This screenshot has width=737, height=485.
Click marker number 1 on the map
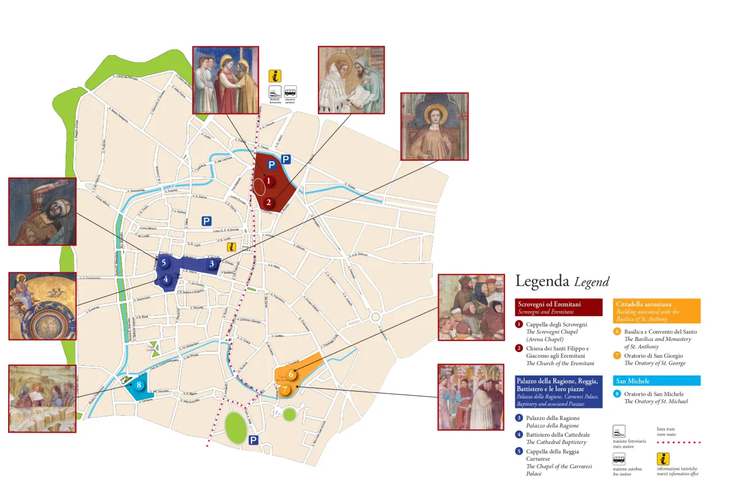point(268,181)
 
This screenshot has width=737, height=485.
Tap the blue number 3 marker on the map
point(212,264)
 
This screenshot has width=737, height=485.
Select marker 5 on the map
point(164,263)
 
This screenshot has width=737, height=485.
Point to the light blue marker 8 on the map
point(139,385)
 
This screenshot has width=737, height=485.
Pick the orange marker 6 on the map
point(292,374)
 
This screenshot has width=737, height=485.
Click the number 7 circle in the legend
point(617,355)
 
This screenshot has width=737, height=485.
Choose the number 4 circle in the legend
point(519,434)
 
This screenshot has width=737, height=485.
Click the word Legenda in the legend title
point(542,281)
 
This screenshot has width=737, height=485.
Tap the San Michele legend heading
point(633,381)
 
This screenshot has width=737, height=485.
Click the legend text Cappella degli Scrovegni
point(557,325)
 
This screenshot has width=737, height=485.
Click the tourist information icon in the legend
point(663,459)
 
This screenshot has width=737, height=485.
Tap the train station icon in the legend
point(619,431)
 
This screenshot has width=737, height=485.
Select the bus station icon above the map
point(290,92)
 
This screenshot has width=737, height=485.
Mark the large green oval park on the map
point(235,427)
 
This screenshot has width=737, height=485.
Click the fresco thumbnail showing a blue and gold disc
point(42,306)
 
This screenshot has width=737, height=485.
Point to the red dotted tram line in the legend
point(679,442)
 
